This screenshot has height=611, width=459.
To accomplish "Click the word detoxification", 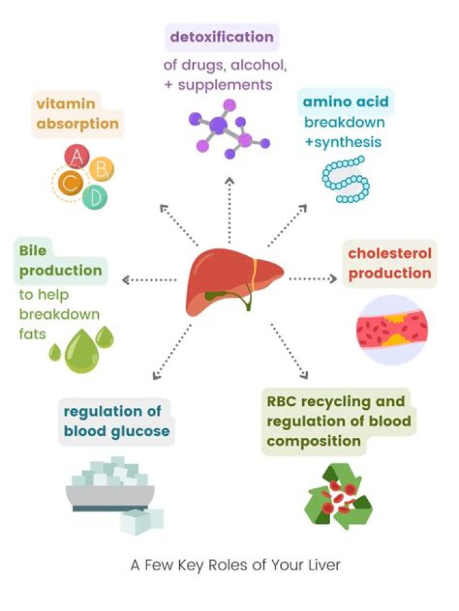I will point(222,37).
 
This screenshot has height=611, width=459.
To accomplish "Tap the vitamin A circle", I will point(78,156).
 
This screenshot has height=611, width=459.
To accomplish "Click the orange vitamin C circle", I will point(69,184).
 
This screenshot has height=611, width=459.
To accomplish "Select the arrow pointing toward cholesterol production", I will point(313,279).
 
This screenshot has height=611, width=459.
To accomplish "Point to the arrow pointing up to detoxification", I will point(229,210).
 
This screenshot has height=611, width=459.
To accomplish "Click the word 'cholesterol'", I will point(390,253).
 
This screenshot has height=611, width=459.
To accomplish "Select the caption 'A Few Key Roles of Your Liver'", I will point(235,565).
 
